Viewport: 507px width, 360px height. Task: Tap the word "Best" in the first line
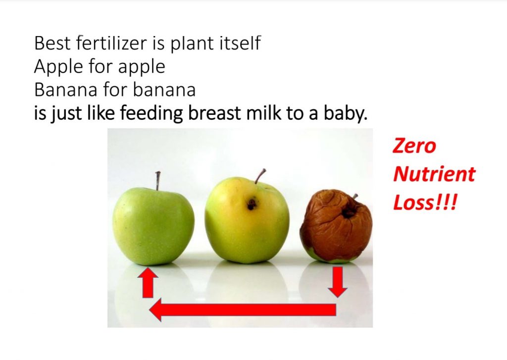point(52,43)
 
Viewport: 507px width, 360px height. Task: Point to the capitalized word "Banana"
point(65,90)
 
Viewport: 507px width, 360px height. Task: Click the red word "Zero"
point(414,146)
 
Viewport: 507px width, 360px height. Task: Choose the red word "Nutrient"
point(434,174)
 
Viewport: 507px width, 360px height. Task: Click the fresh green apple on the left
point(153,226)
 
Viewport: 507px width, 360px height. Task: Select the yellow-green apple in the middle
point(247,220)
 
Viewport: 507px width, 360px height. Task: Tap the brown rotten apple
point(336,226)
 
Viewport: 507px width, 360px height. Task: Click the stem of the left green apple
point(157,181)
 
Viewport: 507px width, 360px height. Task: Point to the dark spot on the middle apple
point(252,204)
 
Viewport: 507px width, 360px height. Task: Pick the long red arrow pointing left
point(243,309)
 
